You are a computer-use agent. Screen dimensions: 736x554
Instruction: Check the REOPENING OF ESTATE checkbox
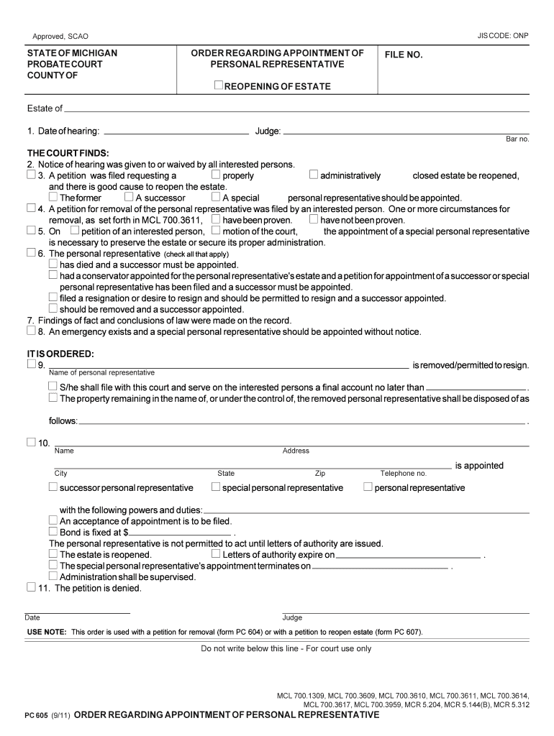pyautogui.click(x=219, y=86)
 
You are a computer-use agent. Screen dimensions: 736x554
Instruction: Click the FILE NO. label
pyautogui.click(x=403, y=55)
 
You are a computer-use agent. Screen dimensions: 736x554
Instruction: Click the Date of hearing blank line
pyautogui.click(x=176, y=132)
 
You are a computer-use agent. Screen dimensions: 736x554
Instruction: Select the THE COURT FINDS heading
pyautogui.click(x=68, y=154)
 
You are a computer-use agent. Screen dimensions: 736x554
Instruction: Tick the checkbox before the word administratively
pyautogui.click(x=314, y=175)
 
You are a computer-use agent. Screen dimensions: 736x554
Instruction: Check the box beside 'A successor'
pyautogui.click(x=129, y=197)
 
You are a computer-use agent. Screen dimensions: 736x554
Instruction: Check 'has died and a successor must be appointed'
pyautogui.click(x=53, y=264)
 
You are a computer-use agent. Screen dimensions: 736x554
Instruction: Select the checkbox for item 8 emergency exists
pyautogui.click(x=30, y=331)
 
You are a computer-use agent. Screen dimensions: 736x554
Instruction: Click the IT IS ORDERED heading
pyautogui.click(x=60, y=354)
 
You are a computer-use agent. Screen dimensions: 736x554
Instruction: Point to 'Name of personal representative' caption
pyautogui.click(x=101, y=373)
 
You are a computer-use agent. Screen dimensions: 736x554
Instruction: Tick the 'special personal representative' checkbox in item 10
pyautogui.click(x=216, y=487)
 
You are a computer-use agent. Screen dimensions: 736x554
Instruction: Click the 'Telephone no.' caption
pyautogui.click(x=403, y=474)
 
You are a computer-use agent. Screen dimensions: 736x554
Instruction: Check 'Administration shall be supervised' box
pyautogui.click(x=53, y=576)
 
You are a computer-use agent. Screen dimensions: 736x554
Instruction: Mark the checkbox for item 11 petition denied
pyautogui.click(x=30, y=587)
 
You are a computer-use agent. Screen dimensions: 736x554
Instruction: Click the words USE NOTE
pyautogui.click(x=46, y=632)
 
